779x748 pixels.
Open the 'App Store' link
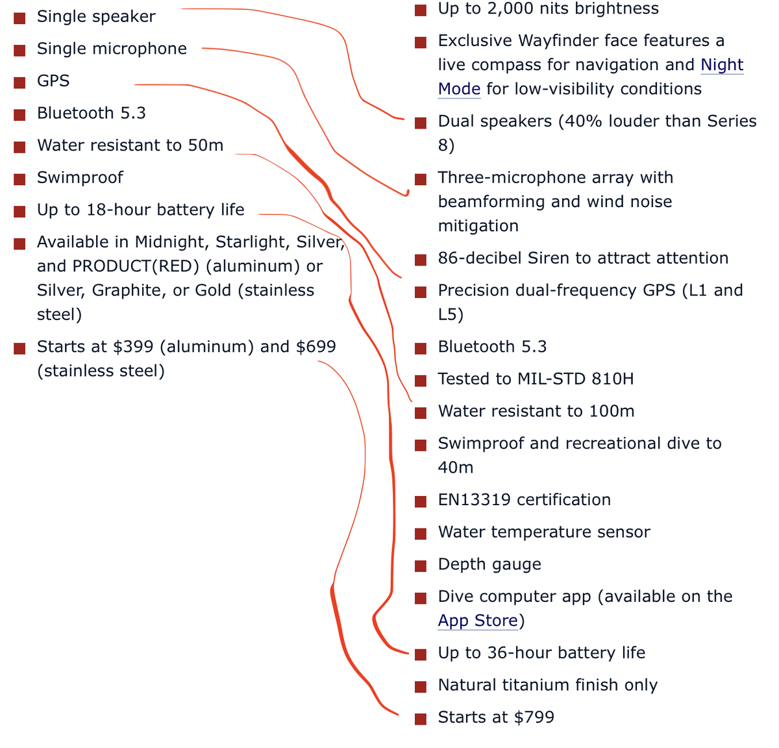[x=478, y=620]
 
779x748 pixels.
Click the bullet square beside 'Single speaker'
[x=19, y=18]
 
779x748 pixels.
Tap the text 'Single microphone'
[x=112, y=49]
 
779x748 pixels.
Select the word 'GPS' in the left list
[x=53, y=81]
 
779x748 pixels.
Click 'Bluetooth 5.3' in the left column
[x=92, y=113]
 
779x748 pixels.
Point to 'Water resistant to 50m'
[x=130, y=145]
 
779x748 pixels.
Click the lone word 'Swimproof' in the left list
[x=80, y=178]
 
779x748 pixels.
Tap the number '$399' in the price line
[x=133, y=346]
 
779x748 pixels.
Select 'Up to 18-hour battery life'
[x=140, y=210]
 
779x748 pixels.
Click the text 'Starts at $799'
[x=496, y=717]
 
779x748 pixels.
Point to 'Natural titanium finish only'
[x=548, y=685]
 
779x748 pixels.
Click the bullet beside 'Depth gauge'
[x=420, y=566]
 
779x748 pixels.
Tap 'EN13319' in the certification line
[x=474, y=500]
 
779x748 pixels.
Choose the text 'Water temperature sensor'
[x=544, y=532]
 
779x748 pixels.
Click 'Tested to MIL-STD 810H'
[x=536, y=379]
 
